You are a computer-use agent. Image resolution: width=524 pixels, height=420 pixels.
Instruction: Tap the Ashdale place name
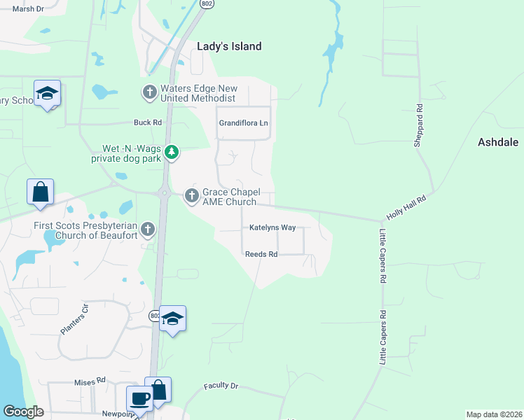click(498, 142)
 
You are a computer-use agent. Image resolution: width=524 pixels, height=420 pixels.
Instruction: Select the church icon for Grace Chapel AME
click(191, 197)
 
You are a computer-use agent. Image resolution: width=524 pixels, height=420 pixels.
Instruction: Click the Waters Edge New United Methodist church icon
click(149, 92)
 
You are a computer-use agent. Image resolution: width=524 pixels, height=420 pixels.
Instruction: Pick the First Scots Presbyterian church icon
click(147, 228)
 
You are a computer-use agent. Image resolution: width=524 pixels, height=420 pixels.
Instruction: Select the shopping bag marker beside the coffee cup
click(158, 390)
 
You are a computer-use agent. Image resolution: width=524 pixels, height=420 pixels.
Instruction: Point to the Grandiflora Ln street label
click(244, 123)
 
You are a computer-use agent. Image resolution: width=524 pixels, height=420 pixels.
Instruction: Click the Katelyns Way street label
click(273, 228)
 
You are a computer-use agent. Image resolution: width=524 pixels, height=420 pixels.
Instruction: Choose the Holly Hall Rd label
click(406, 209)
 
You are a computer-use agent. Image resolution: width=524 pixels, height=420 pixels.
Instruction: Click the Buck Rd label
click(148, 122)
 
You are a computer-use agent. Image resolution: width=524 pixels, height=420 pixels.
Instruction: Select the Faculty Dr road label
click(221, 386)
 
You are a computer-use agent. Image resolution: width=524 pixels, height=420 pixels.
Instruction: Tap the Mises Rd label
click(90, 381)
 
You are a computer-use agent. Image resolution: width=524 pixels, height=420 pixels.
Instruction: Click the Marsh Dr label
click(29, 9)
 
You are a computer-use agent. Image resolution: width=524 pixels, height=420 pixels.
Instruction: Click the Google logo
click(23, 412)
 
